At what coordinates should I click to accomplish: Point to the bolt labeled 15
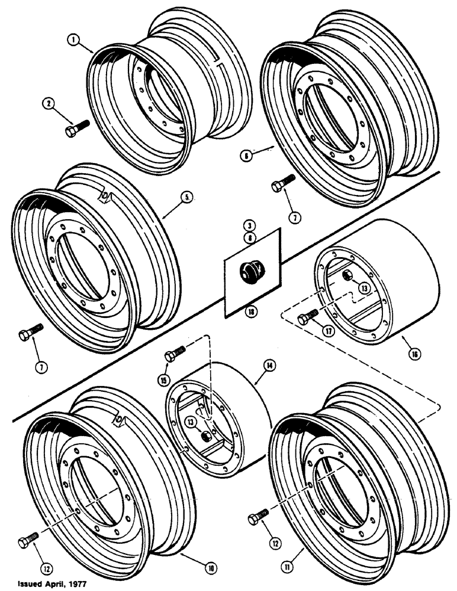175,353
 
